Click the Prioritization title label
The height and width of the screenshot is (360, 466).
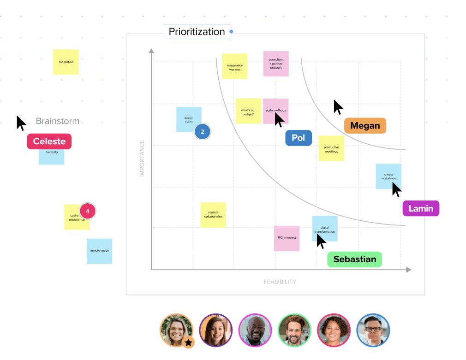tap(197, 32)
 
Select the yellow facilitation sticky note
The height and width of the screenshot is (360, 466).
tap(66, 62)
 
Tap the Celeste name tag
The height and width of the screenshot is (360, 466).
tap(49, 142)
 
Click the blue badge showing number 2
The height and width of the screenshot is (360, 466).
tap(202, 132)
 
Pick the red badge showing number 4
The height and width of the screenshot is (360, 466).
tap(87, 212)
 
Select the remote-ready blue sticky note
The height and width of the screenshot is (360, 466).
tap(99, 251)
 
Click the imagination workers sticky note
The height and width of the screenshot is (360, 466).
tap(235, 66)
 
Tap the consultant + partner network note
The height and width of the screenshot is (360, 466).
tap(276, 64)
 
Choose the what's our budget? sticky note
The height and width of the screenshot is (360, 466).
tap(248, 111)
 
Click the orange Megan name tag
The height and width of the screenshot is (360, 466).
tap(365, 126)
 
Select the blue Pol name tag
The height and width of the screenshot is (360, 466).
tap(299, 138)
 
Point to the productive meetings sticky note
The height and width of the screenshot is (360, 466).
tap(331, 148)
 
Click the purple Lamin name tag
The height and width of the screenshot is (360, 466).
tap(421, 208)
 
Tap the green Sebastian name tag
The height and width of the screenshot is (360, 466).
tap(354, 260)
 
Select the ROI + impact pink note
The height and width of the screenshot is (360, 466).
tap(287, 238)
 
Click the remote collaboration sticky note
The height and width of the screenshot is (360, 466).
tap(213, 215)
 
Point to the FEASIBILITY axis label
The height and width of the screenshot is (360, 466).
tap(280, 282)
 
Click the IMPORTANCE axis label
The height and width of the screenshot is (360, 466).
tap(142, 158)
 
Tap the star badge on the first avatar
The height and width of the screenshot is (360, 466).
tap(188, 342)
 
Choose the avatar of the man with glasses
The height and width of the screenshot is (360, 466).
tap(373, 330)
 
